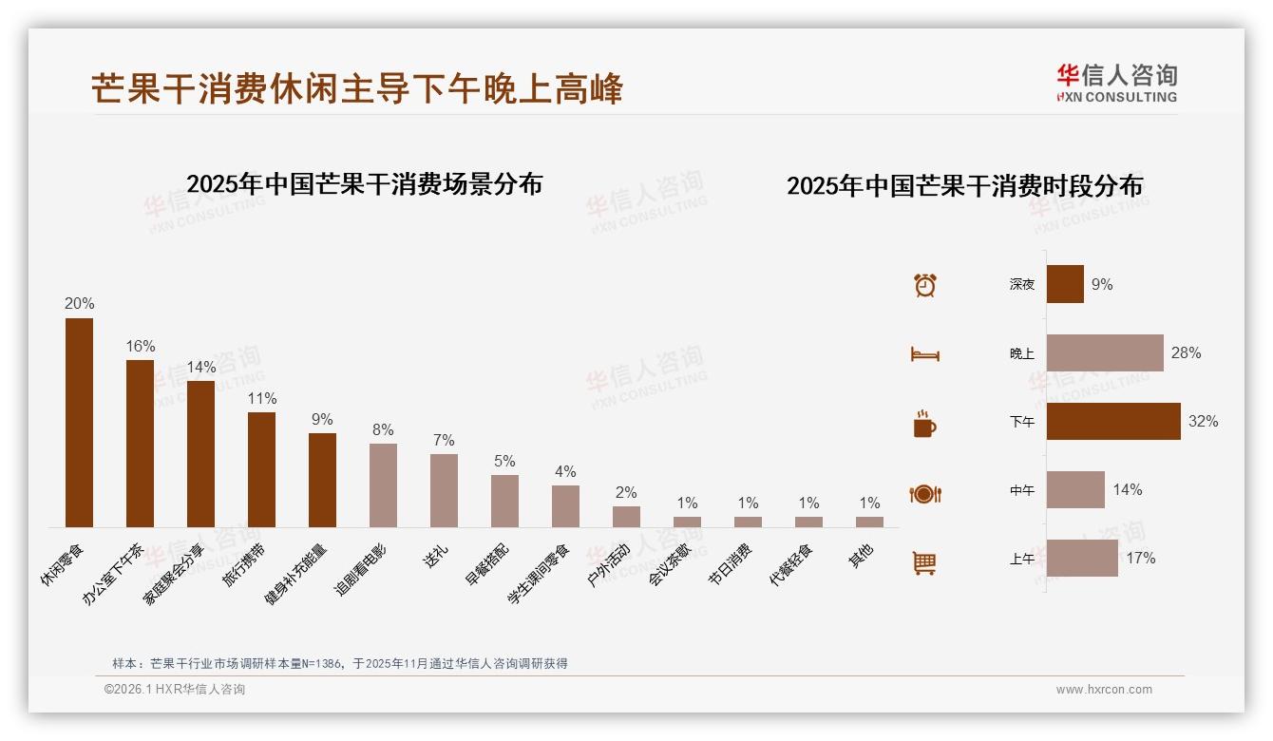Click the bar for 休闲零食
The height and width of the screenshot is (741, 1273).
(79, 423)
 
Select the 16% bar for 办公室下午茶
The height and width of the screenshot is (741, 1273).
(140, 444)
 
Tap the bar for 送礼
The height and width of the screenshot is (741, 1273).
(444, 490)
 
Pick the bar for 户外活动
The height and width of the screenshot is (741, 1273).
(626, 517)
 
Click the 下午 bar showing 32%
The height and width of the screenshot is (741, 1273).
(1113, 421)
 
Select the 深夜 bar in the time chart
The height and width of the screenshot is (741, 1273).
(1065, 284)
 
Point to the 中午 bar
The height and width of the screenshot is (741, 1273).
(1075, 489)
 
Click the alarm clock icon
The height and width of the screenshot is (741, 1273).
(924, 285)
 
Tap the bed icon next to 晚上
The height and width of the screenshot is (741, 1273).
(924, 354)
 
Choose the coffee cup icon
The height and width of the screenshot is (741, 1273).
(924, 424)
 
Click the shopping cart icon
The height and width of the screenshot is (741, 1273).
(924, 562)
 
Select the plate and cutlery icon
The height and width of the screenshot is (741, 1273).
(924, 494)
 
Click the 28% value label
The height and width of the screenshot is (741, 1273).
(1186, 353)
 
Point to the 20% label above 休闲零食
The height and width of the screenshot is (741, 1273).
(79, 304)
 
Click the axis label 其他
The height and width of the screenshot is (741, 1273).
(861, 556)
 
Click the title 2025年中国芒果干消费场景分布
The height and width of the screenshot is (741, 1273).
(364, 184)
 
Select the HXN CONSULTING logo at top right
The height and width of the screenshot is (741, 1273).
(1116, 84)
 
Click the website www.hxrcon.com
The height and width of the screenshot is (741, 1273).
(1104, 690)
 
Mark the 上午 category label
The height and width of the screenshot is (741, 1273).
(1022, 559)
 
